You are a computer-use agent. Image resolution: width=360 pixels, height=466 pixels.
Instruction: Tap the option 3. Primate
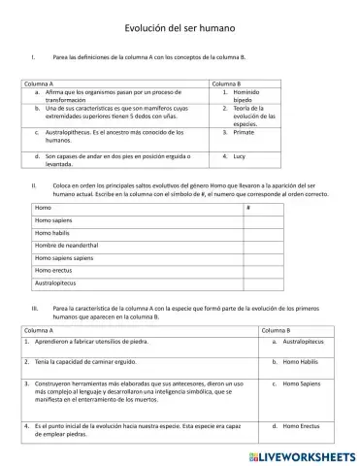(244, 133)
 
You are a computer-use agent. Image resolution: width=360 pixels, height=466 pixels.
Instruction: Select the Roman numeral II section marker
(34, 183)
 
